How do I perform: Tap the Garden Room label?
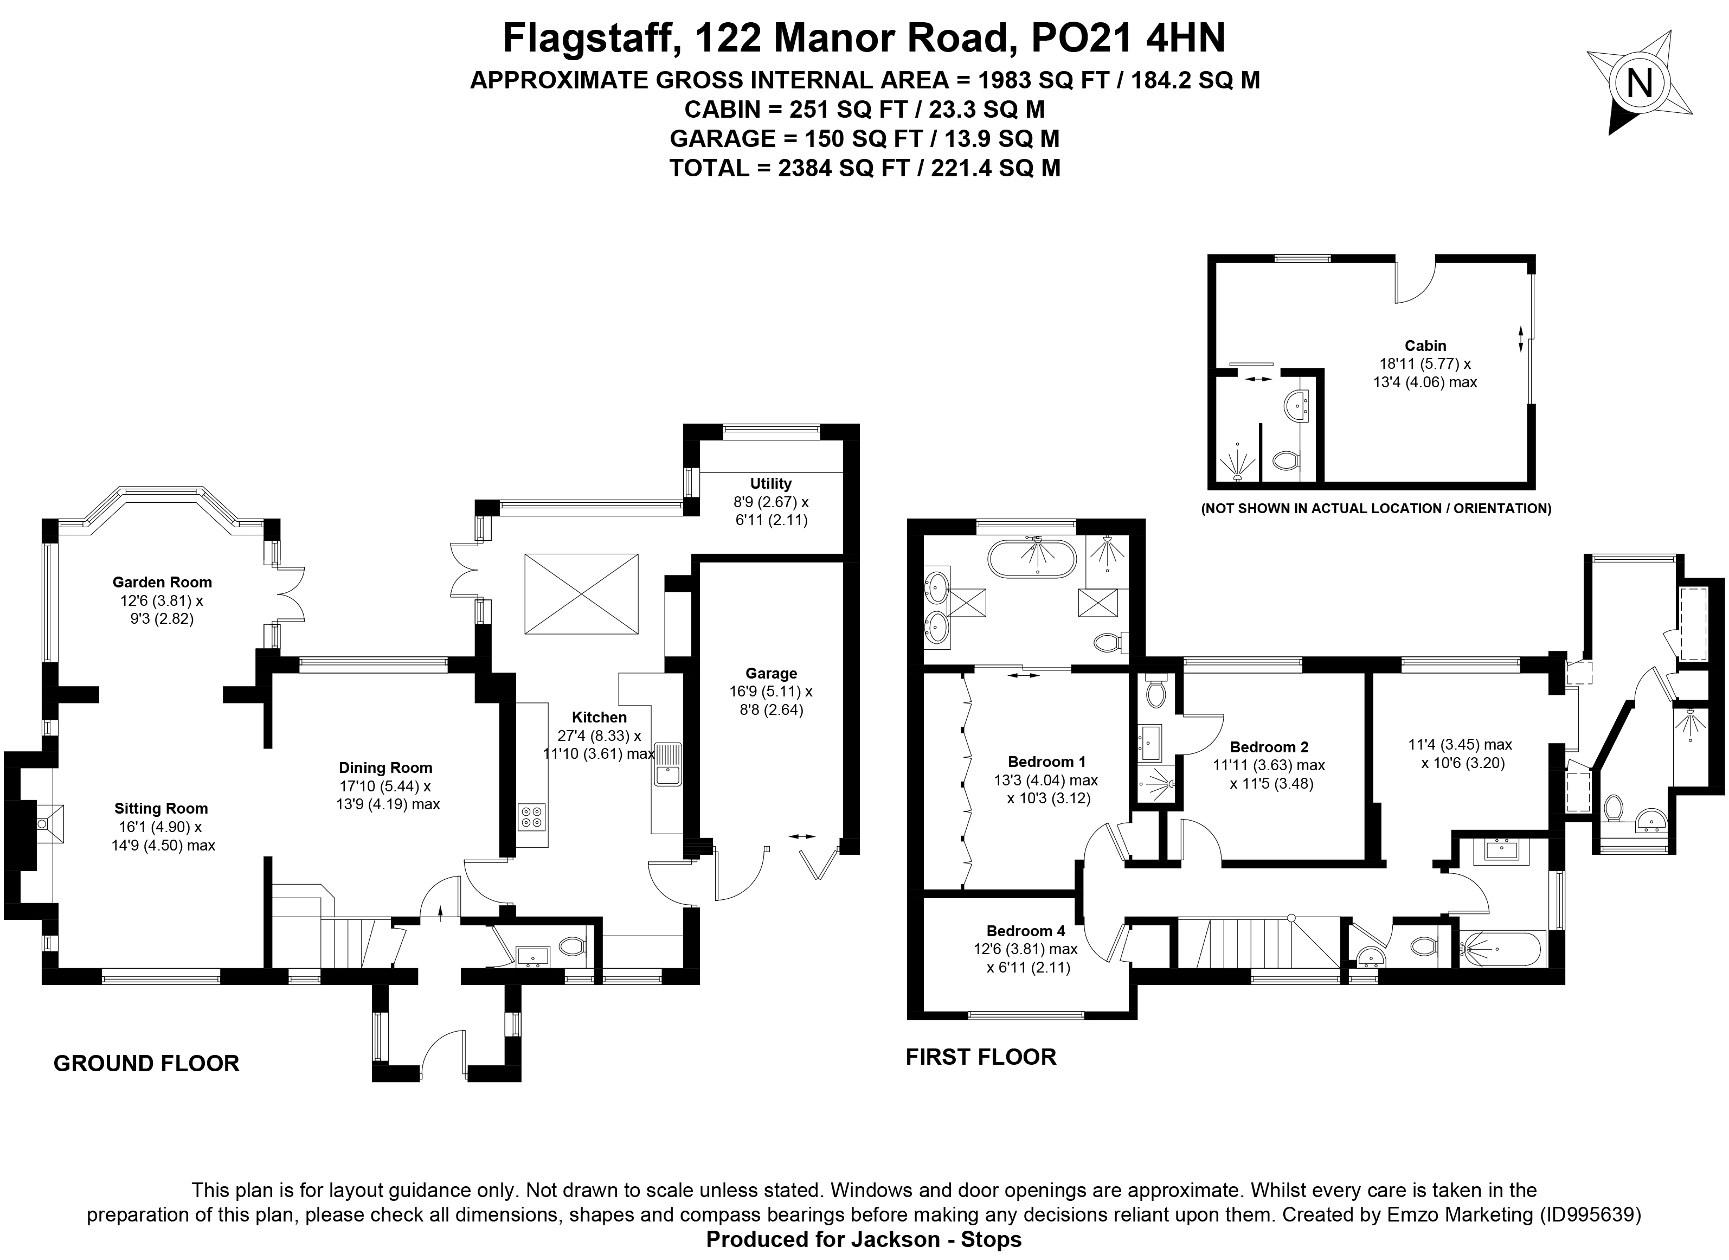point(161,582)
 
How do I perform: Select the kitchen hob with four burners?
point(532,817)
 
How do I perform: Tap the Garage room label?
point(771,674)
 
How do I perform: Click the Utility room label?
point(771,484)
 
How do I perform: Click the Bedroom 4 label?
point(1025,931)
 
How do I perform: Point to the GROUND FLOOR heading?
point(146,1063)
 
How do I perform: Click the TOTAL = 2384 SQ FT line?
point(864,168)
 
